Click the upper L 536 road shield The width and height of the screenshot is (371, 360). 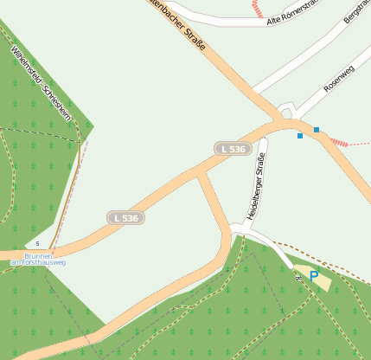click(x=232, y=149)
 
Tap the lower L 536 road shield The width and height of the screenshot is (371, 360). click(x=125, y=218)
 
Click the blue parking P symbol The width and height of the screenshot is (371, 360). click(x=313, y=276)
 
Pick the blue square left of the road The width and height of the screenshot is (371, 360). click(x=300, y=136)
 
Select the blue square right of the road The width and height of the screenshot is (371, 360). click(x=317, y=130)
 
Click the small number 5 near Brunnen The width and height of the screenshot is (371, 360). click(x=37, y=244)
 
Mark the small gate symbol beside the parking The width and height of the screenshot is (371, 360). click(x=298, y=278)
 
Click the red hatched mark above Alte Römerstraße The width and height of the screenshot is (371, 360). click(x=256, y=8)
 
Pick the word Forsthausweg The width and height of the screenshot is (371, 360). click(x=49, y=262)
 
